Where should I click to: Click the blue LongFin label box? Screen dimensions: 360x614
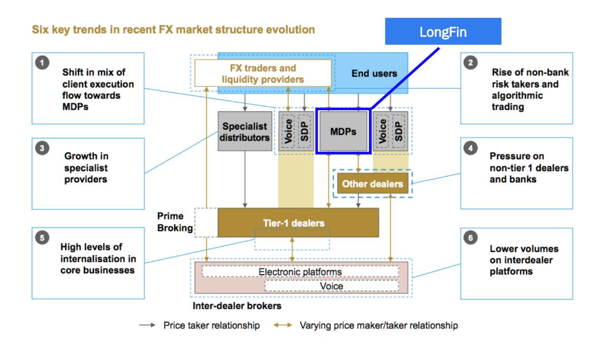point(443,32)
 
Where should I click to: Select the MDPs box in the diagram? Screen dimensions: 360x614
point(343,131)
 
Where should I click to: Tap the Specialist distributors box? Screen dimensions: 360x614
point(244,132)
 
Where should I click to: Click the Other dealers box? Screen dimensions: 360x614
point(372,184)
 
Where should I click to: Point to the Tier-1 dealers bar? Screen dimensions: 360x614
point(298,223)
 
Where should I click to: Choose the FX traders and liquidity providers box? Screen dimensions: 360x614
point(262,73)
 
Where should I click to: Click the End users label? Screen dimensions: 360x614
point(374,74)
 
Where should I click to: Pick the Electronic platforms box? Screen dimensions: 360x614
point(300,272)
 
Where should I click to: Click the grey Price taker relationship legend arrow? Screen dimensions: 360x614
point(146,325)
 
